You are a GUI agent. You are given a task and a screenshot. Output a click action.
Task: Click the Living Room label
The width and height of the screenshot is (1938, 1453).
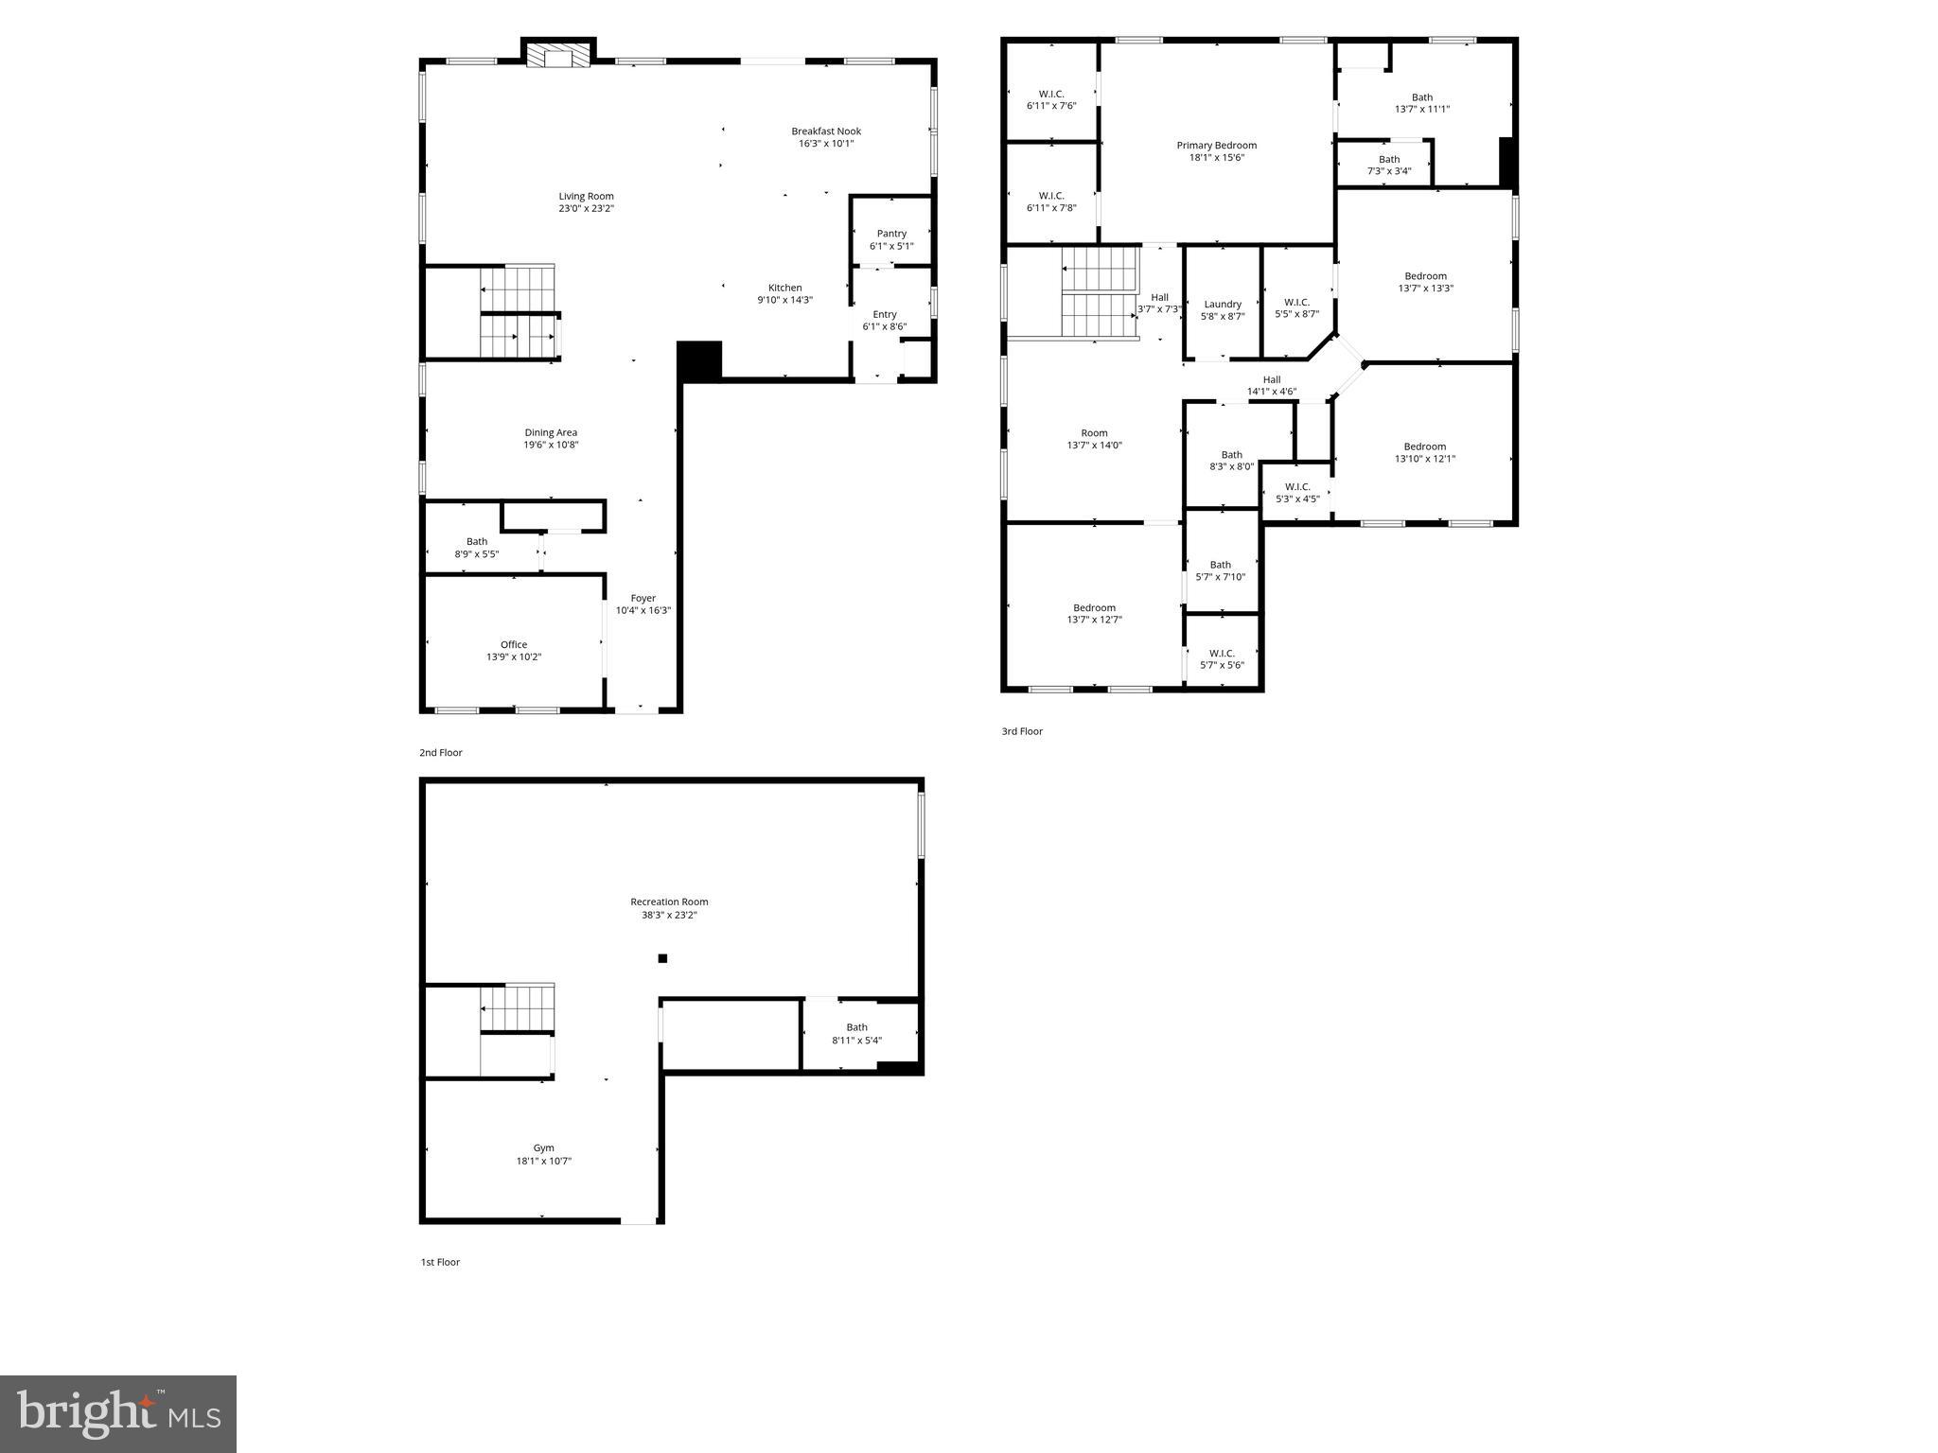[x=586, y=197]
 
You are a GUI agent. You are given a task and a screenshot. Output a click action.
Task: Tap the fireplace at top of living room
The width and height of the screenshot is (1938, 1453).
[x=558, y=56]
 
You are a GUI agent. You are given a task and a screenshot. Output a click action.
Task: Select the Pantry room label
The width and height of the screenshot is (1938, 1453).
[x=891, y=234]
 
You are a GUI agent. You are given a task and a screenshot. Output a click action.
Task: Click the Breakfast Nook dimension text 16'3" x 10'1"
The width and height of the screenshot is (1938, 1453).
[x=826, y=144]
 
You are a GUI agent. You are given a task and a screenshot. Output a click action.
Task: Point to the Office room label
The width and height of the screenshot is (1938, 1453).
[x=514, y=645]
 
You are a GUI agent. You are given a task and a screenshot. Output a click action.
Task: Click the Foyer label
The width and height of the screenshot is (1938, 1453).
[x=643, y=599]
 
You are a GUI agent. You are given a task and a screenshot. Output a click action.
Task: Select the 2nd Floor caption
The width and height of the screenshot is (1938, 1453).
[x=441, y=753]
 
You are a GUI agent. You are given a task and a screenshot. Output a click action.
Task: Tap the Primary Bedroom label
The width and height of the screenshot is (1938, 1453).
[x=1216, y=146]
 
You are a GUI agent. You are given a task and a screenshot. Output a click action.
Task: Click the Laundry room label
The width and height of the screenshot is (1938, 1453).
[x=1223, y=305]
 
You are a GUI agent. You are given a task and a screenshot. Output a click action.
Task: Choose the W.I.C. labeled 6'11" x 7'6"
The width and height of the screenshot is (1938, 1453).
[x=1051, y=100]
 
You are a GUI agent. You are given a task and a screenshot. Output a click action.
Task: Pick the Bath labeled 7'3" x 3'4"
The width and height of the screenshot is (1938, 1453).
[x=1388, y=166]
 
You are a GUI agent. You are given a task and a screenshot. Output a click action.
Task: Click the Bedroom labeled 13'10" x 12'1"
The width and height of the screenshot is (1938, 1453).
[x=1424, y=452]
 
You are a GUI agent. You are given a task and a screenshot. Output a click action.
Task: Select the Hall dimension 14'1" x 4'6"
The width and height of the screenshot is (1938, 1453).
[x=1271, y=392]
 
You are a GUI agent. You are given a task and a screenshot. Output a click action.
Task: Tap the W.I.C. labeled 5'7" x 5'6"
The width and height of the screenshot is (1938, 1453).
[x=1222, y=659]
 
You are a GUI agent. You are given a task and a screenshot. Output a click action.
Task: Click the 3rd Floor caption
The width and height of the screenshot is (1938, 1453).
[x=1022, y=731]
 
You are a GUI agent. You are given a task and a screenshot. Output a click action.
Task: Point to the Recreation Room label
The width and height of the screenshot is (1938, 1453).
[x=669, y=902]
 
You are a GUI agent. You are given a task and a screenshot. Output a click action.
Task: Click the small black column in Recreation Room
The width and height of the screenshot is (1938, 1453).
[x=662, y=958]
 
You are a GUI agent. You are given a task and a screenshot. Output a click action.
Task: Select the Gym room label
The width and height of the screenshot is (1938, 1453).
[x=543, y=1148]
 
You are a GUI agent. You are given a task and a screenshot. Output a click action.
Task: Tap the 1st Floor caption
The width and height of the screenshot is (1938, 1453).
[x=440, y=1262]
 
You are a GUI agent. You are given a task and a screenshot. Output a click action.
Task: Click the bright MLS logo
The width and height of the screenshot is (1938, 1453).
[x=118, y=1413]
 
